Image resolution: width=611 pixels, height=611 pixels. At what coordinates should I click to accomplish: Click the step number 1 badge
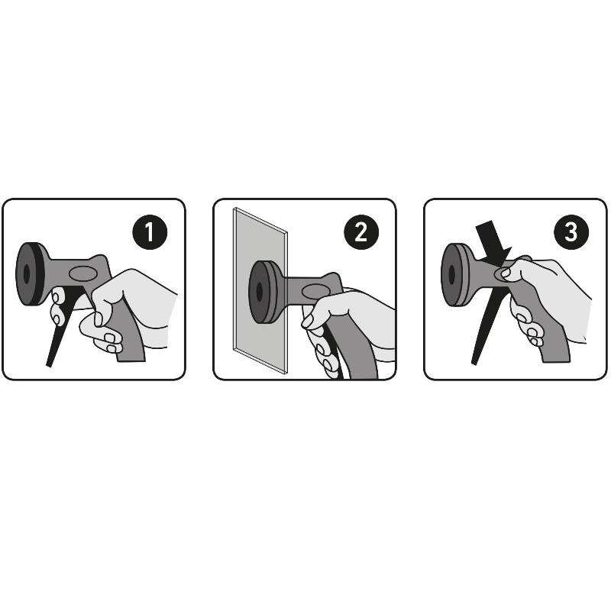tap(150, 232)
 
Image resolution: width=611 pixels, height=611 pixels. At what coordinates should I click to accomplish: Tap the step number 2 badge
tap(361, 232)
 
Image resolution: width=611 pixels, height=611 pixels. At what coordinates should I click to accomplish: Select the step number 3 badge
tap(571, 232)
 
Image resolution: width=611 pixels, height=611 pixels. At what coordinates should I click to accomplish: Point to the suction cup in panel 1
tap(30, 274)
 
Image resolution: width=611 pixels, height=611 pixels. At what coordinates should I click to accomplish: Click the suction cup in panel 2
tap(262, 292)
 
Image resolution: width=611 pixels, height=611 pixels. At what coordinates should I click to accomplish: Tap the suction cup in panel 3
tap(454, 275)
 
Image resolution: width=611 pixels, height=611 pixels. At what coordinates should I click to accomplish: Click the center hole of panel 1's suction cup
tap(27, 274)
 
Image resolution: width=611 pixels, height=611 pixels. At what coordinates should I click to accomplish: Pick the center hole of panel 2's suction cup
tap(260, 292)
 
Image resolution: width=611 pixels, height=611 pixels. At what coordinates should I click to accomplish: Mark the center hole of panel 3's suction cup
tap(451, 275)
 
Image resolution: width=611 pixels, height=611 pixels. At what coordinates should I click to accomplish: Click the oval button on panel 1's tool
tap(83, 273)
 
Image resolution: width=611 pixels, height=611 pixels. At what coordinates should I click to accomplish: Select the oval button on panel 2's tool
tap(316, 292)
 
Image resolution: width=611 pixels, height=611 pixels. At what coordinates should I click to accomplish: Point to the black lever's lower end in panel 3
tap(474, 362)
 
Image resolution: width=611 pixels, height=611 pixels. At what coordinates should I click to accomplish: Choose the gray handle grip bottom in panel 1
tap(131, 357)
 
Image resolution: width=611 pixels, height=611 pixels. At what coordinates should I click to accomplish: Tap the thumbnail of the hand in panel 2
tap(308, 321)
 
